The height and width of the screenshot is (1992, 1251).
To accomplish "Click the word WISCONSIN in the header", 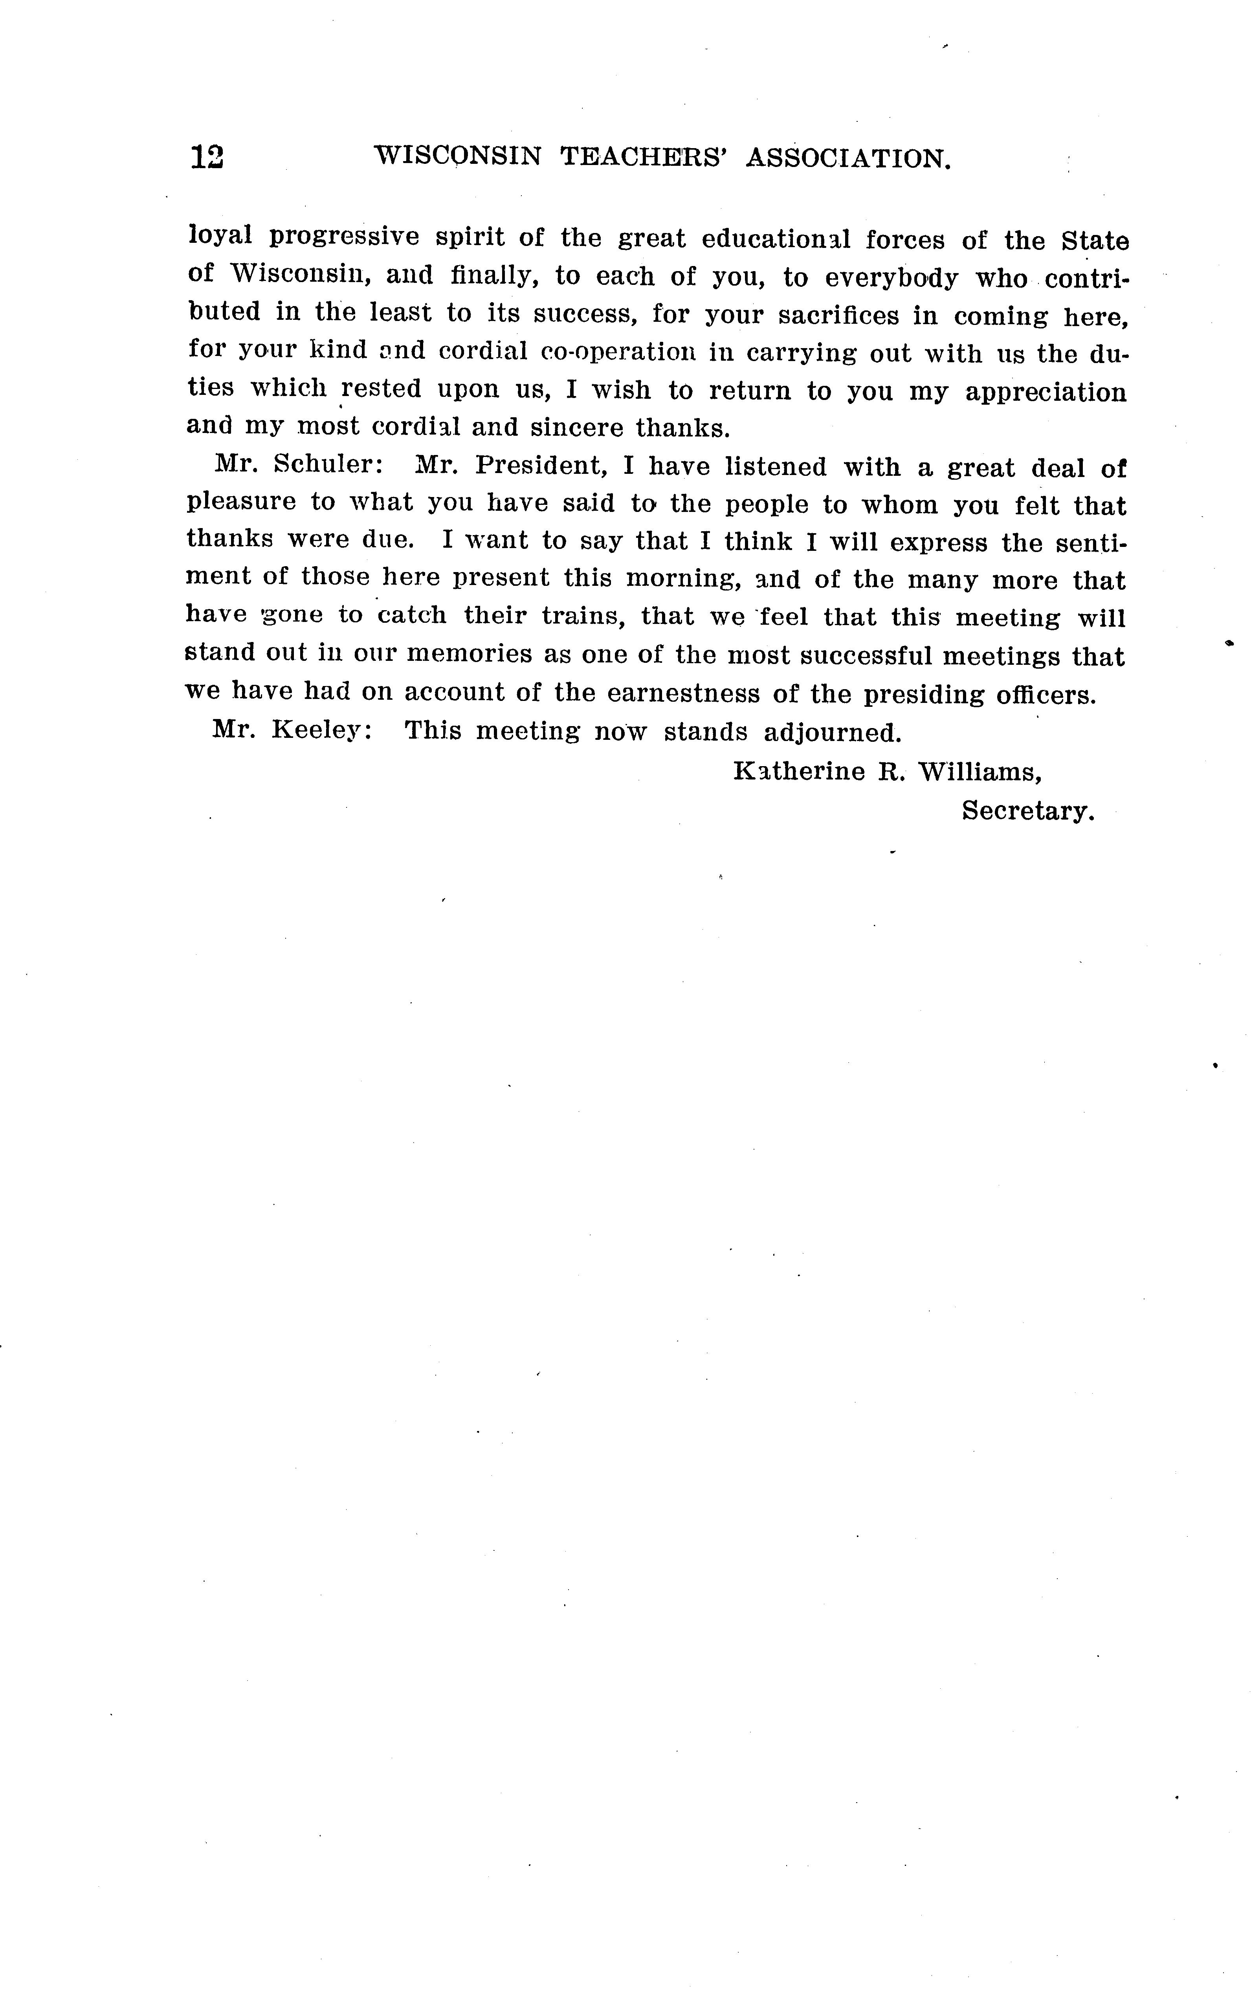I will click(x=458, y=156).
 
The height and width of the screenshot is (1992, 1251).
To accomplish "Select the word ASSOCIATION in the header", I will click(x=848, y=158).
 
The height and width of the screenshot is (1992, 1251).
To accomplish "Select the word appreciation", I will click(x=1046, y=392).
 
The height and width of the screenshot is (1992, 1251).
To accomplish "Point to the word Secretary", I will click(x=1027, y=811).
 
